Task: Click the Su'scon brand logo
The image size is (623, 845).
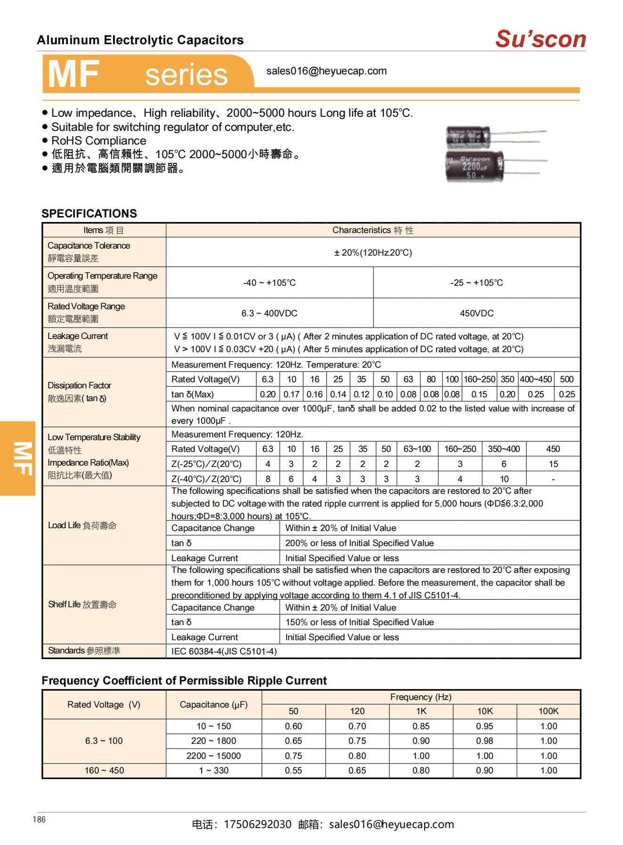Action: tap(540, 39)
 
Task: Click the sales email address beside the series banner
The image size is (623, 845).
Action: tap(326, 71)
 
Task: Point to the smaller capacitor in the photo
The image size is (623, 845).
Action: tap(468, 137)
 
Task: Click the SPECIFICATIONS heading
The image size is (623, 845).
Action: tap(89, 213)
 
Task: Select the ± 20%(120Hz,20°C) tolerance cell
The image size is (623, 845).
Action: tap(373, 253)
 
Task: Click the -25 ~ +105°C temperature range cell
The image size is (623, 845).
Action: tap(476, 283)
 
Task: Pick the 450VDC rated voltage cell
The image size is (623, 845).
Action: tap(476, 314)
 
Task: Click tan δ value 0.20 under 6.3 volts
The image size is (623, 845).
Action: tap(267, 394)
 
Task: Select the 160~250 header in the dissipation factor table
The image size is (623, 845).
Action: tap(479, 379)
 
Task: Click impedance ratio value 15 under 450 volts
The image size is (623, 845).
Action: tap(553, 464)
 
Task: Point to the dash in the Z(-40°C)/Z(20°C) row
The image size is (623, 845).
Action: tap(553, 479)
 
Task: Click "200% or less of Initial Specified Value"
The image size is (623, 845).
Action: tap(359, 543)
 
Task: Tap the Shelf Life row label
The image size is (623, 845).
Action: tap(82, 604)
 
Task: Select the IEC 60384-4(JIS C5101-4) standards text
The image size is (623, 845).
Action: tap(224, 652)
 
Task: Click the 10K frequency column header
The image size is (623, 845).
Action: tap(485, 711)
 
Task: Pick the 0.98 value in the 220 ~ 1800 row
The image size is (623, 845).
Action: tap(485, 741)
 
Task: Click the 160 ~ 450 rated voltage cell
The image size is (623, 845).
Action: tap(104, 771)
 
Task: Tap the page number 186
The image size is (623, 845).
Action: tap(39, 820)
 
